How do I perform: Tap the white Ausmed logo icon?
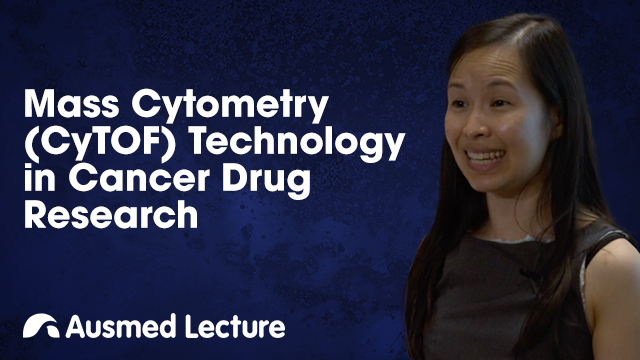(40, 326)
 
